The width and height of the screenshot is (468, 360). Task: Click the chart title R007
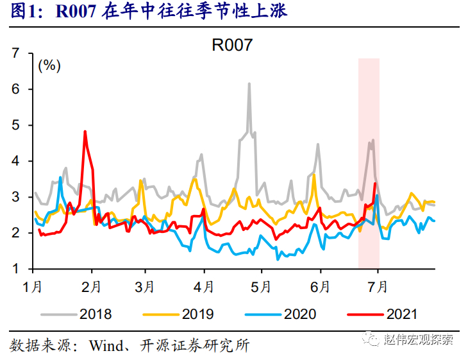[x=233, y=46]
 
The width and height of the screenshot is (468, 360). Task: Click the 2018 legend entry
[x=96, y=314]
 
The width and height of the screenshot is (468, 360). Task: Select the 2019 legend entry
[x=197, y=314]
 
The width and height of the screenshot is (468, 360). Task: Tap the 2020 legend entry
[x=299, y=314]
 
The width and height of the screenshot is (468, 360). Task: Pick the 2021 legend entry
[x=401, y=314]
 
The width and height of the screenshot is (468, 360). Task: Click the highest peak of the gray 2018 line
[x=249, y=83]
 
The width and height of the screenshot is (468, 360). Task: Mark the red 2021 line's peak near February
[x=85, y=132]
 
